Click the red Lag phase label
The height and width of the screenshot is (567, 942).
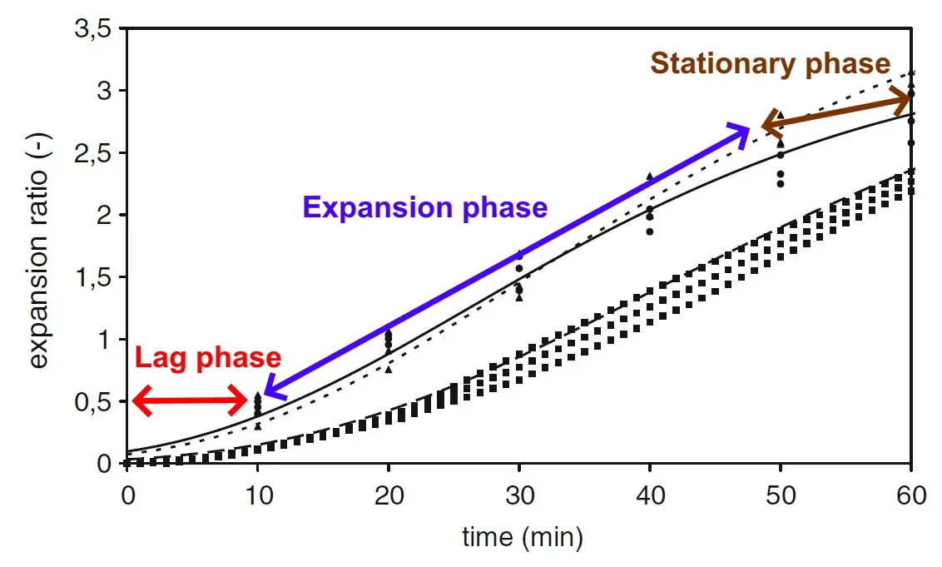click(x=208, y=359)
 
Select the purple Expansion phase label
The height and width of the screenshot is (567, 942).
click(x=424, y=206)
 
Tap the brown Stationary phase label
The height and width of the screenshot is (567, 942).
click(x=770, y=63)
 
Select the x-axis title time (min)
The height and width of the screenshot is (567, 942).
click(x=523, y=537)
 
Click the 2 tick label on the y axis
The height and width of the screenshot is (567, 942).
click(x=103, y=216)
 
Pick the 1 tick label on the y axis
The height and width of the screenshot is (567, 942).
click(x=103, y=340)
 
